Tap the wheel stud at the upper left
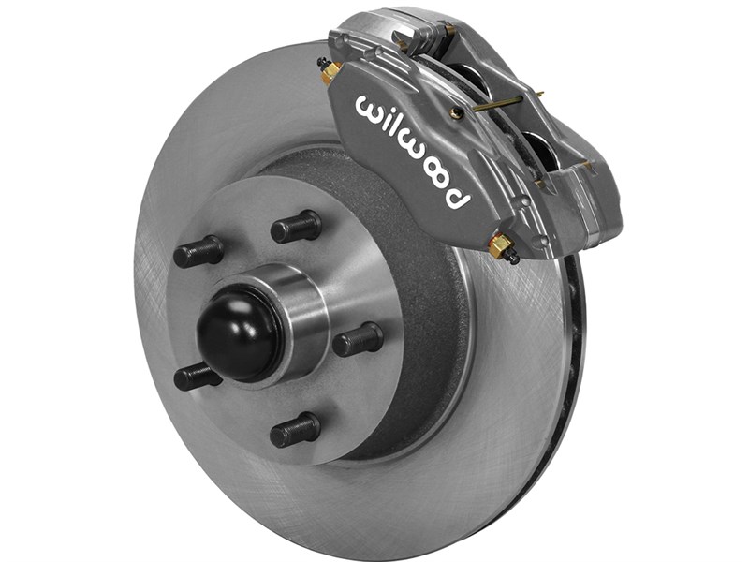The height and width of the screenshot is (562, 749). (198, 251)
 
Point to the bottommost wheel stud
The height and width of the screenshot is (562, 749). (295, 430)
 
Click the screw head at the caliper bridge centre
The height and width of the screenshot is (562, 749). (456, 112)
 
